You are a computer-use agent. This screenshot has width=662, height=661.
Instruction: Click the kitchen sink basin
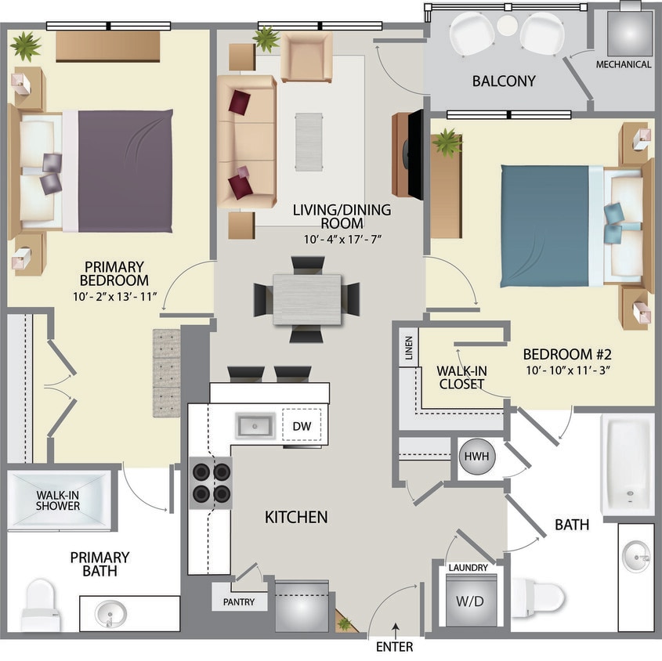254,427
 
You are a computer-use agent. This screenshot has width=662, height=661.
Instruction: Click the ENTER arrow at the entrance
396,628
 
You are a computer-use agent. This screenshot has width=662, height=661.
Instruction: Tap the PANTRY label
238,601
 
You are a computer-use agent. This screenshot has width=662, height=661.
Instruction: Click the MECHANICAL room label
624,64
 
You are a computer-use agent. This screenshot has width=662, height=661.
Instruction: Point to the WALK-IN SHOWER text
58,500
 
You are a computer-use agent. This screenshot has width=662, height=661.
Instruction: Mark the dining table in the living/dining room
307,299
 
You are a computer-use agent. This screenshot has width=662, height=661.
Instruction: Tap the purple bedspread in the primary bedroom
125,170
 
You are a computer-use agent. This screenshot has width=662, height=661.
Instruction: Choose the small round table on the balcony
507,25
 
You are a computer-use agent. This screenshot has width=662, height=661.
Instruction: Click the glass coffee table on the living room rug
309,141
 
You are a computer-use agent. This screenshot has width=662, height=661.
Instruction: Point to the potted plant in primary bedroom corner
27,46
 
